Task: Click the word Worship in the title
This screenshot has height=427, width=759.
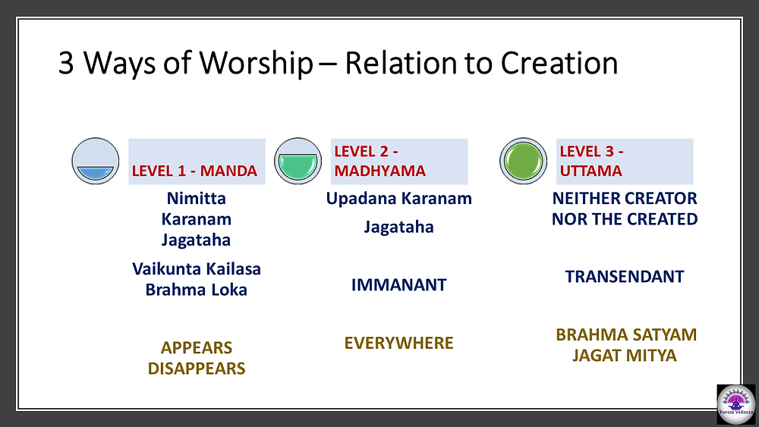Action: click(256, 64)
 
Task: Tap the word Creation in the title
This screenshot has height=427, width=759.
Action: click(559, 63)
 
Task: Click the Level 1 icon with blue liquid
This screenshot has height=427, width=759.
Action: click(96, 161)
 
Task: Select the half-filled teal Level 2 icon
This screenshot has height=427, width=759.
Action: click(298, 161)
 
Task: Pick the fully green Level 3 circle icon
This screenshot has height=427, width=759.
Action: click(523, 161)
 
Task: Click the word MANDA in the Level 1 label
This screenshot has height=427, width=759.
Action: click(228, 171)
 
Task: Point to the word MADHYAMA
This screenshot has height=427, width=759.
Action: click(380, 171)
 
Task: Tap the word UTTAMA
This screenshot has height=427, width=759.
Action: click(591, 171)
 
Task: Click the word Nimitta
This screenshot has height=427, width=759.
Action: click(196, 198)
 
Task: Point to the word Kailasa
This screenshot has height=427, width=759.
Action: click(230, 269)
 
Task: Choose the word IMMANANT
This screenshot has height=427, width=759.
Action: click(399, 285)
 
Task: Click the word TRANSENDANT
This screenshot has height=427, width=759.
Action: click(625, 277)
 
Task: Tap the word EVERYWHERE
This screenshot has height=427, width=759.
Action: click(399, 343)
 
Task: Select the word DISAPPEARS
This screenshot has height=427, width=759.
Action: click(197, 369)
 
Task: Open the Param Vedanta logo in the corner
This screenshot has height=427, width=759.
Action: click(735, 403)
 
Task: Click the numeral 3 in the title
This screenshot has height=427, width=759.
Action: click(66, 64)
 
